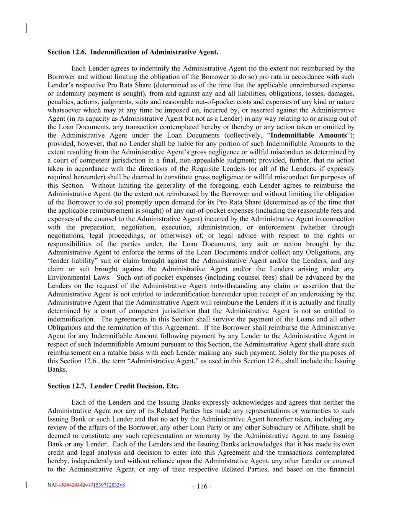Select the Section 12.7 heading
[113, 386]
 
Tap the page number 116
[201, 487]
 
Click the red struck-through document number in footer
[75, 485]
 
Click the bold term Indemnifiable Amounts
[309, 135]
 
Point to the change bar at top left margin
[26, 28]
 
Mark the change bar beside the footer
[26, 485]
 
